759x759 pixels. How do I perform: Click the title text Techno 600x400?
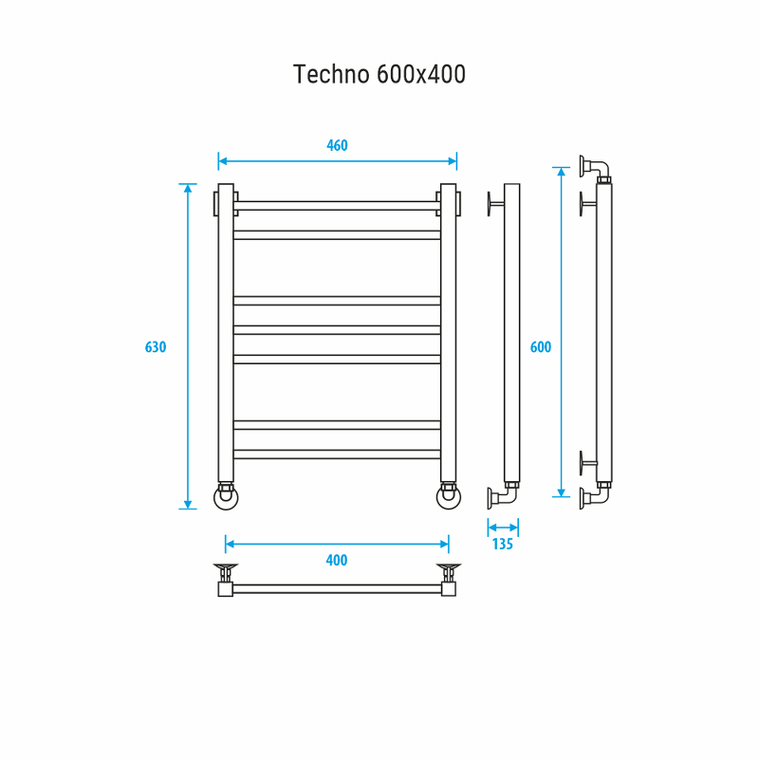coord(379,74)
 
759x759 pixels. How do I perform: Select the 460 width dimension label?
coord(337,145)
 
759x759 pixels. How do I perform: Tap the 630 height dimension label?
coord(156,346)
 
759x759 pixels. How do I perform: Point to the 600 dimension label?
coord(540,347)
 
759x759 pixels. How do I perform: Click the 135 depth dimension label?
coord(503,545)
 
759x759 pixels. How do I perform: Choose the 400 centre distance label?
coord(337,560)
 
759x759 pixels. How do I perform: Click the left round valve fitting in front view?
coord(226,496)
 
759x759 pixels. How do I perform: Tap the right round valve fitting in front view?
coord(448,496)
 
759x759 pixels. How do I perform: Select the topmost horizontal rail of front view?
coord(337,205)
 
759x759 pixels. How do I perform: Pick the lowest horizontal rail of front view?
coord(337,454)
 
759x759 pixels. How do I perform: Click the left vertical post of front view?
coord(226,332)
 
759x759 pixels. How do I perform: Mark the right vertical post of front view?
coord(448,332)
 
